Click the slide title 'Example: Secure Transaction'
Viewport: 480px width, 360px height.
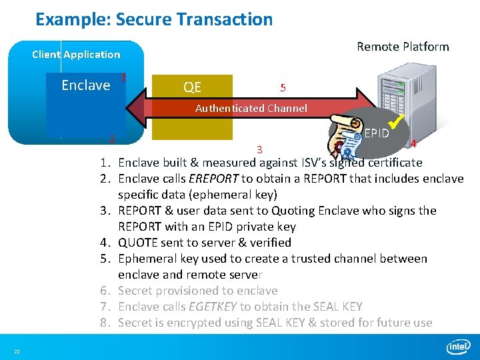(x=154, y=19)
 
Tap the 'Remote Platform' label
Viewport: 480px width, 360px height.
(x=403, y=47)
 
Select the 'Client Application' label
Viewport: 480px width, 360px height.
(x=76, y=55)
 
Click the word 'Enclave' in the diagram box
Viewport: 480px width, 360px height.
(x=85, y=85)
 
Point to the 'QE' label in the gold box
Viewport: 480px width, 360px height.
(x=192, y=87)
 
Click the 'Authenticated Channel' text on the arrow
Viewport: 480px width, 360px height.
(x=251, y=108)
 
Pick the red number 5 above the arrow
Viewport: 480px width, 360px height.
(x=283, y=88)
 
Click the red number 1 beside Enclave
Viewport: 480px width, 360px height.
(x=123, y=77)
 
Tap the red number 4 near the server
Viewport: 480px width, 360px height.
(x=413, y=144)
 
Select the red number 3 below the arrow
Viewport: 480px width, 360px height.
(x=259, y=149)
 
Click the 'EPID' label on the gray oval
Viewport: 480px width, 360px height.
(x=377, y=133)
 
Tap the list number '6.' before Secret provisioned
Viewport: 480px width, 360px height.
(x=105, y=291)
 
